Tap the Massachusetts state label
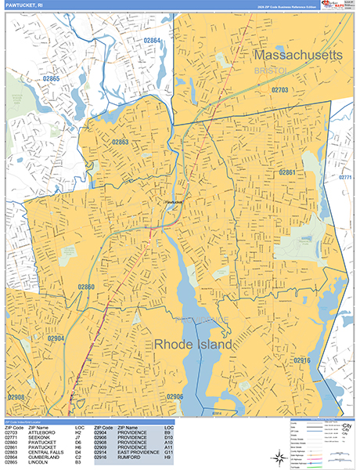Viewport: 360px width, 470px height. pyautogui.click(x=298, y=56)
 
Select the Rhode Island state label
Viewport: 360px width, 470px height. pyautogui.click(x=193, y=345)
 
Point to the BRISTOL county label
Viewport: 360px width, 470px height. pyautogui.click(x=272, y=70)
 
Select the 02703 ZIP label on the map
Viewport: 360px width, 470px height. pyautogui.click(x=280, y=91)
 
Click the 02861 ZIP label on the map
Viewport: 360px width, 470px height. pyautogui.click(x=287, y=172)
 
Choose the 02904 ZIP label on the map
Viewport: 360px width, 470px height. pyautogui.click(x=56, y=338)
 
